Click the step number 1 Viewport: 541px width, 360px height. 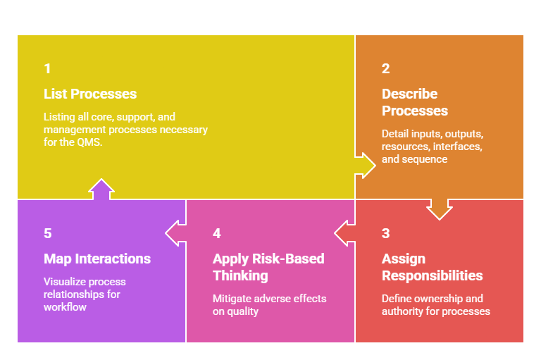click(x=47, y=68)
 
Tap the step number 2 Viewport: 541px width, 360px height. click(x=385, y=68)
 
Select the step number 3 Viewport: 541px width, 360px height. click(x=385, y=233)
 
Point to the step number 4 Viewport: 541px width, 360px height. click(x=216, y=233)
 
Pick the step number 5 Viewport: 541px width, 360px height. click(x=47, y=233)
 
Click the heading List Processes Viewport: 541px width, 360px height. click(x=90, y=94)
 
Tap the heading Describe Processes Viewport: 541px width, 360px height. click(x=414, y=102)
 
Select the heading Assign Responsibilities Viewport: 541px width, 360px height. click(x=432, y=267)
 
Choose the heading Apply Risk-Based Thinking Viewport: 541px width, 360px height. click(x=268, y=267)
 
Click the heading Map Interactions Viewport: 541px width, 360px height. click(x=97, y=259)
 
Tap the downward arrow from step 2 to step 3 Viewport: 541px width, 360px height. click(x=440, y=209)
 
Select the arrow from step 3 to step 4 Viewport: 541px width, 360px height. click(x=344, y=232)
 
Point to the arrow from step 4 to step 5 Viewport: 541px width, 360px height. click(x=175, y=232)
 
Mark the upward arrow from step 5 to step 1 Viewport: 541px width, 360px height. click(x=101, y=190)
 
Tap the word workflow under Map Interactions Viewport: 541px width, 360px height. click(x=65, y=307)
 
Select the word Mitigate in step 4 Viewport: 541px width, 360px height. click(x=232, y=299)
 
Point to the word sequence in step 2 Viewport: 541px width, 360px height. click(x=425, y=159)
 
